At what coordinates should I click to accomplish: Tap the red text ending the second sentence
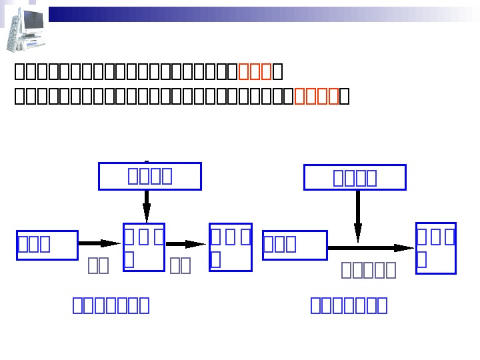pos(317,97)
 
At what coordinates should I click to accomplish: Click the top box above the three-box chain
pos(150,176)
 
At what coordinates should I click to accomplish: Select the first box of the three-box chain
pos(47,245)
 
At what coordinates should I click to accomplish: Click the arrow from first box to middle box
pos(100,244)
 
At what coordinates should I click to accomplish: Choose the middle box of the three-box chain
pos(144,247)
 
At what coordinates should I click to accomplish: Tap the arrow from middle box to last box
pos(186,245)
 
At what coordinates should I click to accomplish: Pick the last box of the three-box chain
pos(231,247)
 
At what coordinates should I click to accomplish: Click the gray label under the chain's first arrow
pos(99,266)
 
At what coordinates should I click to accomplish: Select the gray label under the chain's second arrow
pos(180,266)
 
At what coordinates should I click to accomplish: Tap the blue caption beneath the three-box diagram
pos(111,305)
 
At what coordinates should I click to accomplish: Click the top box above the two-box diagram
pos(355,177)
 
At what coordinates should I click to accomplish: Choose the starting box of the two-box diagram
pos(295,245)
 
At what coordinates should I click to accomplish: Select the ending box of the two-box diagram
pos(436,248)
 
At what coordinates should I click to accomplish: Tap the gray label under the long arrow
pos(369,269)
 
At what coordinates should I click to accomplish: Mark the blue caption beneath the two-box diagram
pos(349,305)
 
